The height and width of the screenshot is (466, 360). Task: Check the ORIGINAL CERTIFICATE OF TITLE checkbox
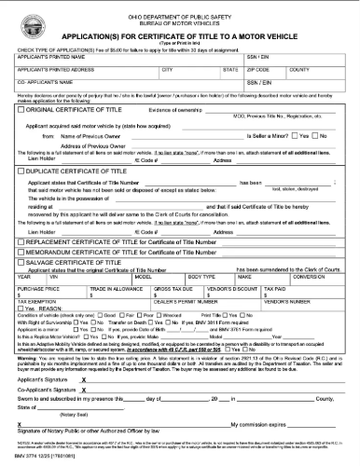[21, 110]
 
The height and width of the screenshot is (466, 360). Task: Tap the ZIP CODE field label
[258, 70]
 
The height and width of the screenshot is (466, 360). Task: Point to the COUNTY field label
[300, 70]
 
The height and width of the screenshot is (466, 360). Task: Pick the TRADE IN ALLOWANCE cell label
[112, 290]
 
